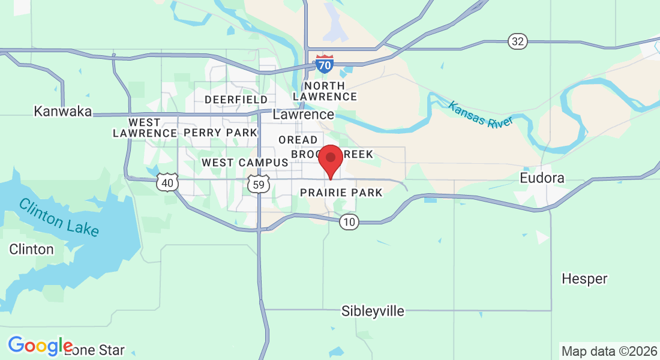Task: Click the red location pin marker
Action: point(330,159)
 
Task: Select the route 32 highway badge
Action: point(517,41)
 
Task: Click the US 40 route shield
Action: point(167,182)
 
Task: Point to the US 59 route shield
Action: point(259,184)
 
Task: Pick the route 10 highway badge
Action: point(349,223)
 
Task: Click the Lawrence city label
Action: point(304,114)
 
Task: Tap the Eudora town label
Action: point(542,178)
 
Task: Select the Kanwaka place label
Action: point(63,111)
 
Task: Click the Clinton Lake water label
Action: point(59,217)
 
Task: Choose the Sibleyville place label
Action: point(373,311)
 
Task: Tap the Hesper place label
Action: point(584,278)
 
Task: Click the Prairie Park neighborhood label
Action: point(341,193)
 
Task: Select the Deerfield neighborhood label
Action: point(236,99)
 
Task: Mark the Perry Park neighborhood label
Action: point(220,132)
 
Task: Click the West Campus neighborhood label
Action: point(245,163)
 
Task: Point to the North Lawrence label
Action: point(325,91)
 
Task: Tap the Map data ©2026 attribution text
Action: point(608,351)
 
